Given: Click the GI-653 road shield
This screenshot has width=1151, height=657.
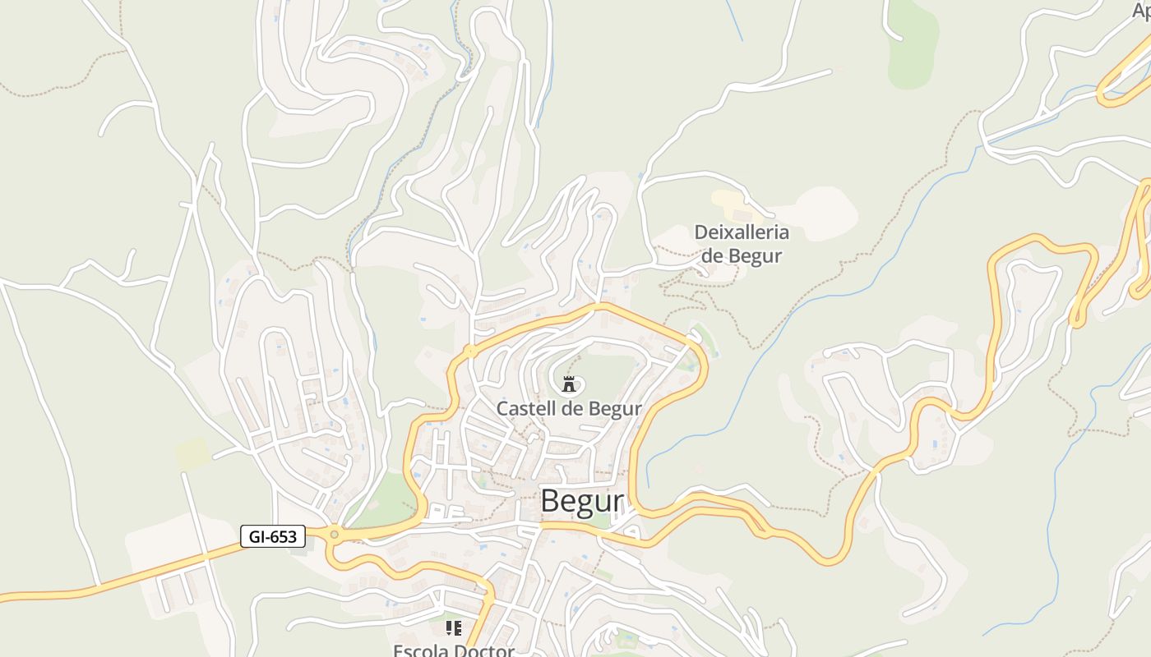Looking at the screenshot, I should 273,537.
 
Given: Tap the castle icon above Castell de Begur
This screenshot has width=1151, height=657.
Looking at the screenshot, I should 568,384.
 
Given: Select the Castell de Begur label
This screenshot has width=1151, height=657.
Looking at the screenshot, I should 569,408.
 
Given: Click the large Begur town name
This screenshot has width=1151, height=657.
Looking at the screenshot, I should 582,501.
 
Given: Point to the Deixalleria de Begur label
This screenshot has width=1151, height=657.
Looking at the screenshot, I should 742,244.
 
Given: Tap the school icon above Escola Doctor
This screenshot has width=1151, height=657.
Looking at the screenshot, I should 453,628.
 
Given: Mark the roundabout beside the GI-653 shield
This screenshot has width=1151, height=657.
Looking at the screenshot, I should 334,535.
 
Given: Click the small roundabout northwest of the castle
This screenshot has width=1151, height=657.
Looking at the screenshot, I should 470,351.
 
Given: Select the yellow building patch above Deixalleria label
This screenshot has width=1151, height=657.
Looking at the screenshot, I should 728,200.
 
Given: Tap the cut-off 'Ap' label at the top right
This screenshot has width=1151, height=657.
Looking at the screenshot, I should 1141,11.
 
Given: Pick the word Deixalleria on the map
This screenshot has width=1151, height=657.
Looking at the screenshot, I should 742,232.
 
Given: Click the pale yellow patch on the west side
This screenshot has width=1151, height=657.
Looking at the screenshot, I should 191,453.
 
